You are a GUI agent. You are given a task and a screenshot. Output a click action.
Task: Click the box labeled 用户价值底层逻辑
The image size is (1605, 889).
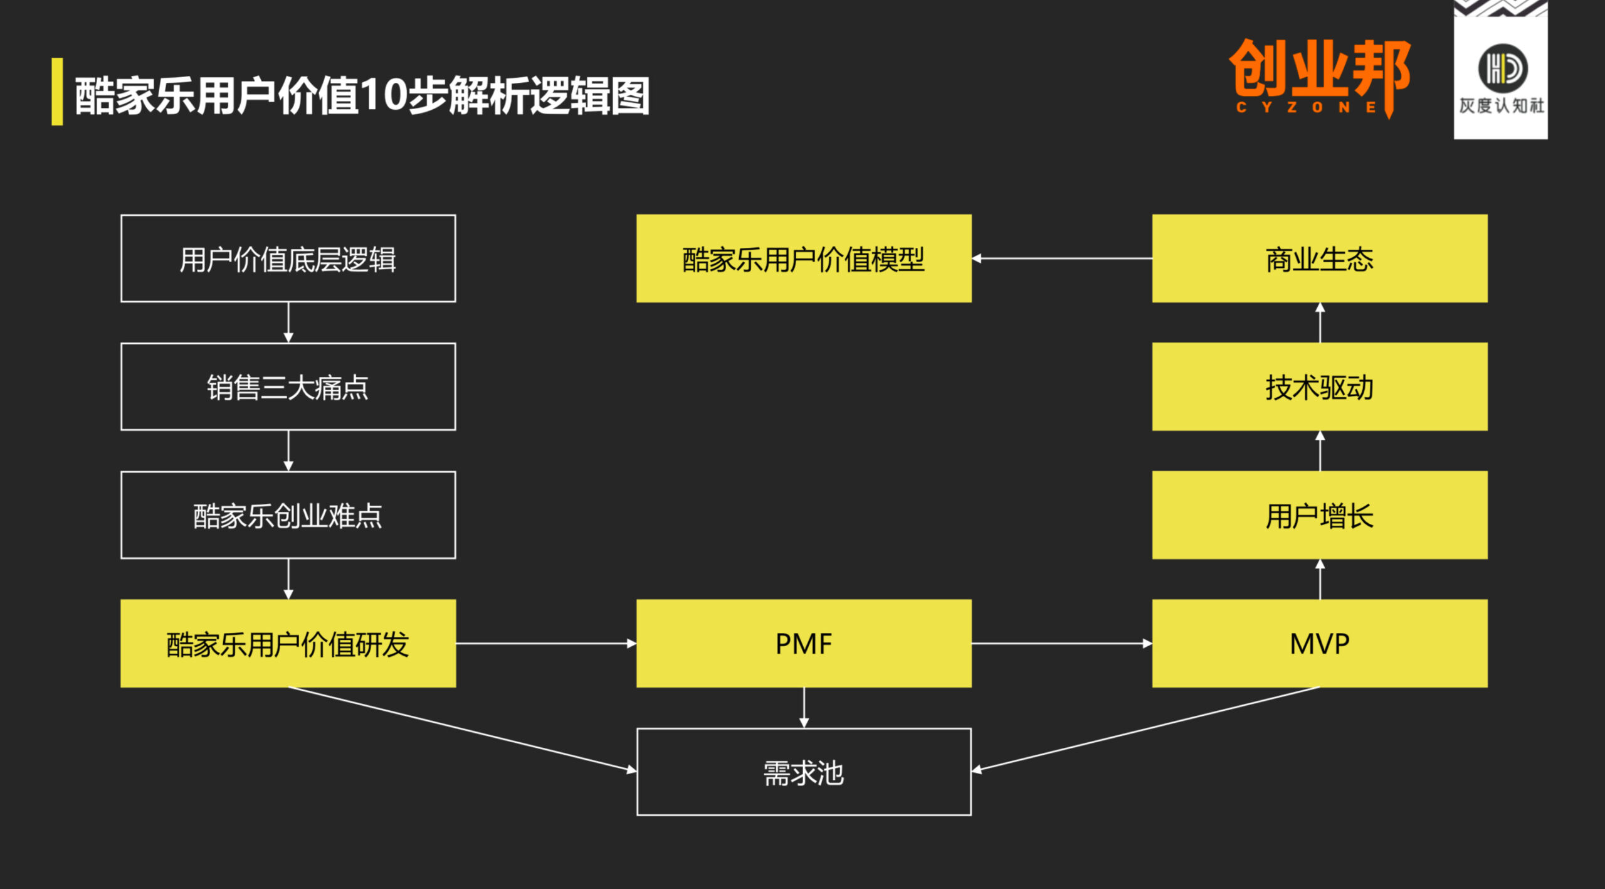pyautogui.click(x=288, y=258)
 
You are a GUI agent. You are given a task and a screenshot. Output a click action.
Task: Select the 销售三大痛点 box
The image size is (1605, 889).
pyautogui.click(x=288, y=386)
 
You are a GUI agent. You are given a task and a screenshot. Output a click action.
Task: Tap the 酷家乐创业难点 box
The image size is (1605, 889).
pyautogui.click(x=288, y=515)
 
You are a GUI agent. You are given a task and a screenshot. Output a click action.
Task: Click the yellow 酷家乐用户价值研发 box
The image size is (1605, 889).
pyautogui.click(x=288, y=643)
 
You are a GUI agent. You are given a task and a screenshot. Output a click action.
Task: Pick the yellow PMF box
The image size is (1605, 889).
pyautogui.click(x=804, y=643)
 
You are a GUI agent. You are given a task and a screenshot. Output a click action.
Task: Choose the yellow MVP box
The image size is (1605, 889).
pyautogui.click(x=1319, y=643)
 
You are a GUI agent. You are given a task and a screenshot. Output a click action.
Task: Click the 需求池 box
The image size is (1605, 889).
pyautogui.click(x=804, y=772)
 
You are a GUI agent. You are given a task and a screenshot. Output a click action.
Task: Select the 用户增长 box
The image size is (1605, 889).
pyautogui.click(x=1319, y=515)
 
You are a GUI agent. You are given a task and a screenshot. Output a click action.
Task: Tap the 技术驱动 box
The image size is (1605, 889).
pyautogui.click(x=1319, y=386)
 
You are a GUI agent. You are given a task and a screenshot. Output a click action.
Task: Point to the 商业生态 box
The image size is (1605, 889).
pyautogui.click(x=1319, y=258)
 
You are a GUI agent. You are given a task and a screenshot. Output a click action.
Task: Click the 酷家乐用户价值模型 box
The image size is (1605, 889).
pyautogui.click(x=804, y=258)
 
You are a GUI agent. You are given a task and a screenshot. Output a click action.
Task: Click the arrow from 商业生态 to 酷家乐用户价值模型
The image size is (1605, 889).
pyautogui.click(x=1062, y=258)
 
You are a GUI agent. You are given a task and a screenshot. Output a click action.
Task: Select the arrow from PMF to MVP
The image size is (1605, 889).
pyautogui.click(x=1062, y=643)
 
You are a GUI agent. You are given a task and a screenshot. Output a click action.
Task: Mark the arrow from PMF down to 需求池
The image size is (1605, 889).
pyautogui.click(x=804, y=708)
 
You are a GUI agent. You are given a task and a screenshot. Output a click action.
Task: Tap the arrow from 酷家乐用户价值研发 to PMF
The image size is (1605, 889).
pyautogui.click(x=546, y=643)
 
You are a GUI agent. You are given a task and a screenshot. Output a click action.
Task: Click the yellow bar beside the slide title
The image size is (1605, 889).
pyautogui.click(x=57, y=92)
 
